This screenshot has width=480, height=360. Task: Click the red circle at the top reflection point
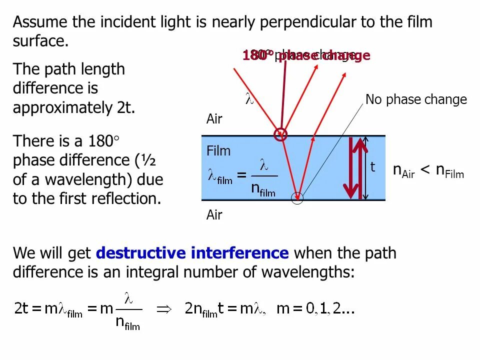coord(281,134)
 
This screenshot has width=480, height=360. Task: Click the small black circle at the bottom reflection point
coord(297,198)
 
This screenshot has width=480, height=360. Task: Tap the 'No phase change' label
coord(416,99)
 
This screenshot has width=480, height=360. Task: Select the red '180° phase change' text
coord(306,55)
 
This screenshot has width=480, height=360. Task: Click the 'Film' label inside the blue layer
coord(218,151)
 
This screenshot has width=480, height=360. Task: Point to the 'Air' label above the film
coord(214,119)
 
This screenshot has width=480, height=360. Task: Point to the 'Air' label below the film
coord(214,215)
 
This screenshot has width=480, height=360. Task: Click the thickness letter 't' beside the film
coord(373,167)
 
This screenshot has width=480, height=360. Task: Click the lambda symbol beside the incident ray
coord(249,98)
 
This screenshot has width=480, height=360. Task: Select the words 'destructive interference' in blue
coord(192,253)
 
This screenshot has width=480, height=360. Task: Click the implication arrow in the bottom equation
coord(164,309)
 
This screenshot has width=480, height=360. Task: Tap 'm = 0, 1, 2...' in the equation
coord(315,309)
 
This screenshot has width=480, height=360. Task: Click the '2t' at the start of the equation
coord(21,308)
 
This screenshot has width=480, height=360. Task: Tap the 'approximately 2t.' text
coord(74,107)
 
